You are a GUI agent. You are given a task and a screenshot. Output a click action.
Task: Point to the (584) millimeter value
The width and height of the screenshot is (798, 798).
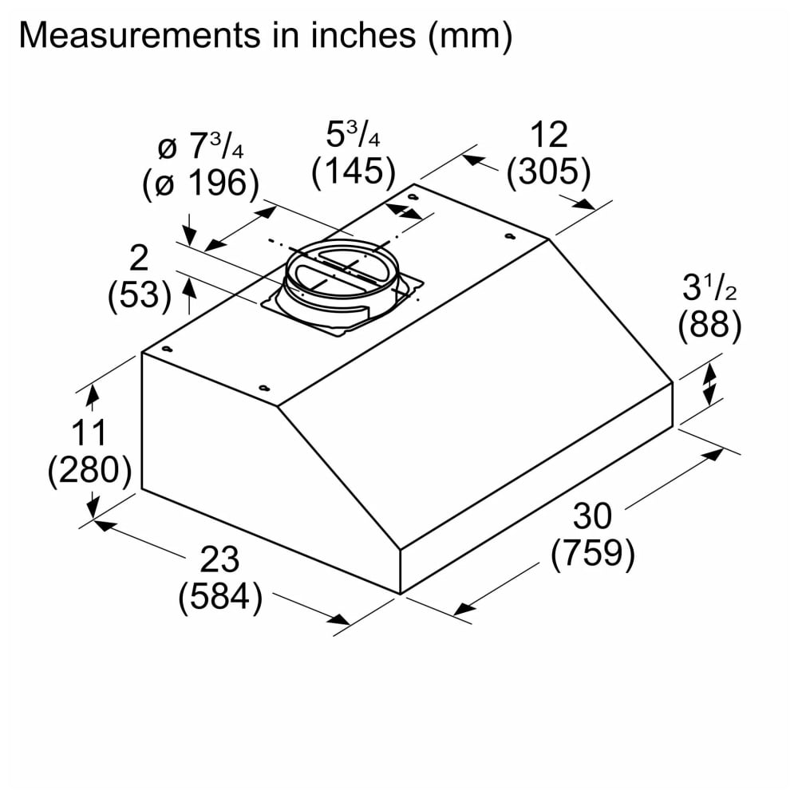point(220,596)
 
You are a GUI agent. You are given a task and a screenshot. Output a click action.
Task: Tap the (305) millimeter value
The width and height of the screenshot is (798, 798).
point(549,172)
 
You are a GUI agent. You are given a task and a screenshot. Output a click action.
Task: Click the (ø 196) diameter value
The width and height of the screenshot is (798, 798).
point(201,184)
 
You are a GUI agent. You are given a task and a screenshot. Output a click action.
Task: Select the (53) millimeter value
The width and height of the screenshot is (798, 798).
point(140,295)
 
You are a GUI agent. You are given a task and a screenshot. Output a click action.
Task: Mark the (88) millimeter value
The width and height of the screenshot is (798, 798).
point(709,324)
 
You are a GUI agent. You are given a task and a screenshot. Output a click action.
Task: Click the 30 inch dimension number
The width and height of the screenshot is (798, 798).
point(592,516)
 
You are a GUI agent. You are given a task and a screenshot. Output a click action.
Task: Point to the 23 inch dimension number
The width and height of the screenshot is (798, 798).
point(219,560)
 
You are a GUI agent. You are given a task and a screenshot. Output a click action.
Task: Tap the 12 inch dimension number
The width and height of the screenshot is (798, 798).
point(549,135)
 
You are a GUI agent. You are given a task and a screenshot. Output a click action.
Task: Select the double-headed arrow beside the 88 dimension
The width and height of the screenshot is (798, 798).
point(709,385)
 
